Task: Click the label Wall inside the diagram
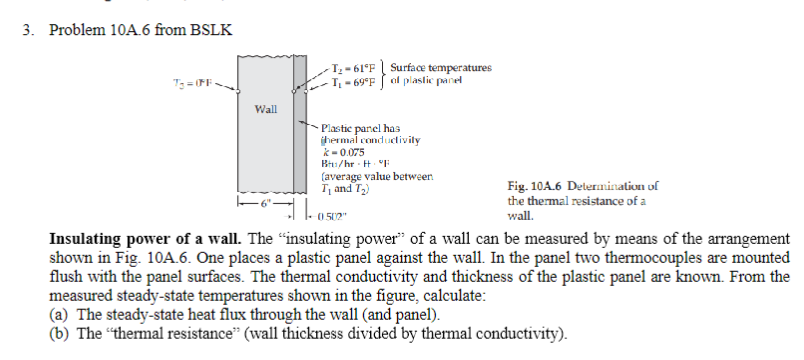pos(265,106)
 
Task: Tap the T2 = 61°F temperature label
pos(355,67)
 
